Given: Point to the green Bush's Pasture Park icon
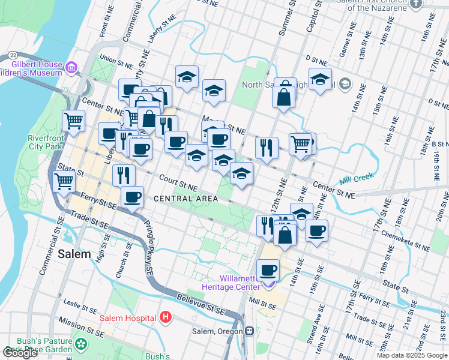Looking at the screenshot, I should [x=81, y=344].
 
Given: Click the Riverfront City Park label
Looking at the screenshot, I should [x=46, y=142].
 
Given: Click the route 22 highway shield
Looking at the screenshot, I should [x=13, y=55].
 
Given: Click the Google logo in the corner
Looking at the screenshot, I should [x=20, y=353].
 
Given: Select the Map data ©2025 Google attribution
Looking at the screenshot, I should [x=412, y=355].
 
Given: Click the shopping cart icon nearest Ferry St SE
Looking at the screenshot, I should [x=64, y=180].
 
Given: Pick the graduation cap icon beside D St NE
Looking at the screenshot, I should [x=321, y=79].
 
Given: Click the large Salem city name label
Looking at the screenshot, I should [x=74, y=254].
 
